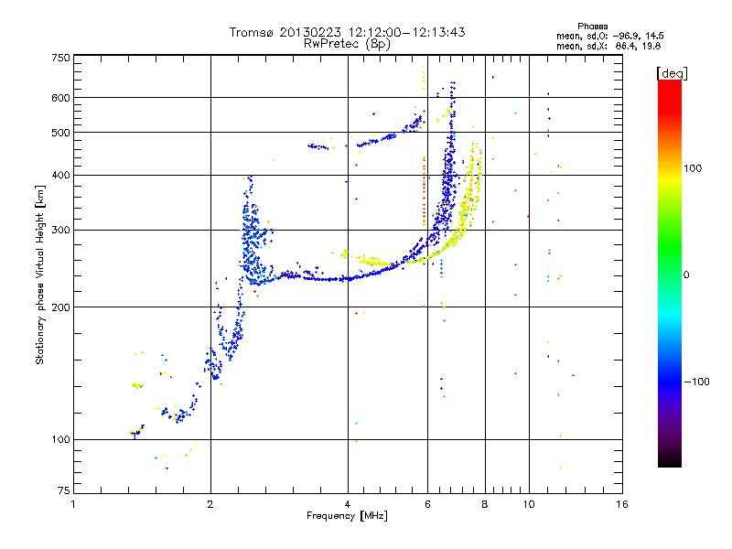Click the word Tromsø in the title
click(x=253, y=33)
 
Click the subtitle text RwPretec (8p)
click(x=347, y=43)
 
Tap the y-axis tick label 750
click(x=60, y=58)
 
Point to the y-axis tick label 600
click(x=60, y=98)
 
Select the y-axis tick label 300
click(x=60, y=230)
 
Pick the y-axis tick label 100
click(x=60, y=440)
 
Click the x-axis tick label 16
click(x=621, y=504)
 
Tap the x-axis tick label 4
click(x=348, y=504)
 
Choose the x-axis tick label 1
click(x=74, y=504)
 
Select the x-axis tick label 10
click(x=528, y=504)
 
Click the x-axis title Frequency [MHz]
click(x=348, y=516)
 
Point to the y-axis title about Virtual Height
click(x=40, y=274)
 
